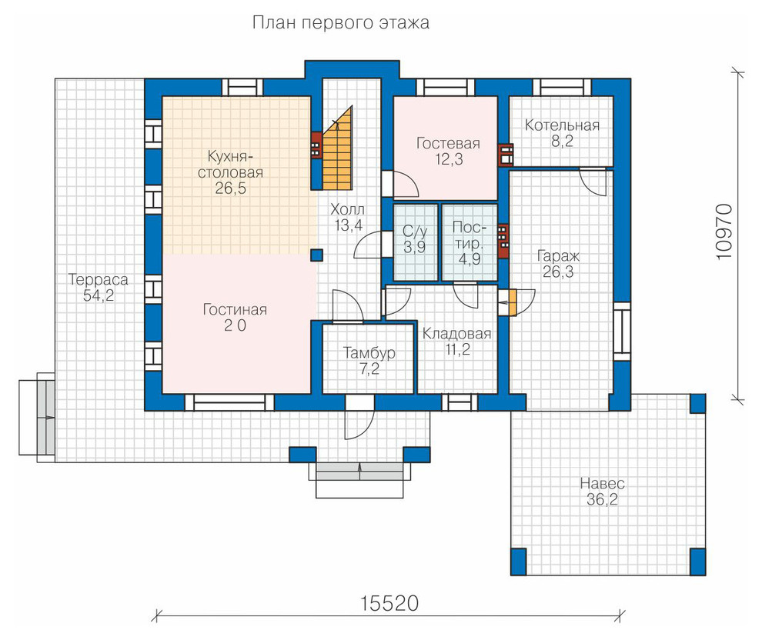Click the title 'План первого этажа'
coord(341,23)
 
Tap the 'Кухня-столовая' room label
coord(230,165)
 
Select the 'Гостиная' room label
coord(235,309)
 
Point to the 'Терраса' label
coord(99,279)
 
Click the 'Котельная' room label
coord(562,125)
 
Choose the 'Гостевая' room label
coord(448,143)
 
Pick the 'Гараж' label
coord(558,256)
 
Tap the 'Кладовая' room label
coord(456,334)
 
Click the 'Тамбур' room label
coord(369,352)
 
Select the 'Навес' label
coord(602,484)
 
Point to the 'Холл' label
coord(347,210)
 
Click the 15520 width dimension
coord(389,604)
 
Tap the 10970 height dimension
coord(724,232)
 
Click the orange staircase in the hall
coord(337,151)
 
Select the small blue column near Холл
coord(317,255)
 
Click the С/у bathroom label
coord(415,231)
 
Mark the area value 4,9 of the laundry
coord(470,258)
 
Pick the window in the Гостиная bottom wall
coord(229,402)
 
